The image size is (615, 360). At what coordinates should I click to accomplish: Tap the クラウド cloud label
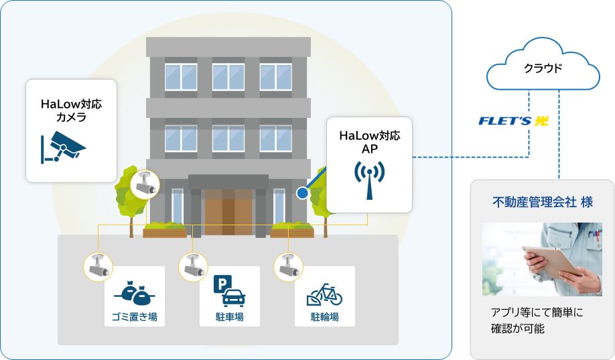(x=543, y=68)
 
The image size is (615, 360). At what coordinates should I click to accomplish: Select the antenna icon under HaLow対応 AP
(x=369, y=179)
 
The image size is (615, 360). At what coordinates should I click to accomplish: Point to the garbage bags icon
(x=134, y=292)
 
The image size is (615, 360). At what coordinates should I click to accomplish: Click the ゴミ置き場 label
(x=134, y=316)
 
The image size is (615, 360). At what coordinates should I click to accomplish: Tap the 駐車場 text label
(x=229, y=316)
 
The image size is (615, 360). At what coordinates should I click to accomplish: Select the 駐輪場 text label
(x=324, y=316)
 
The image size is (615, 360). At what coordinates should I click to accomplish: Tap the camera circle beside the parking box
(x=192, y=265)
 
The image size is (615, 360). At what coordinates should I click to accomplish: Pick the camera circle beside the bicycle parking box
(x=287, y=265)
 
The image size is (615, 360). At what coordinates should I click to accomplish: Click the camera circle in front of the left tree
(x=145, y=184)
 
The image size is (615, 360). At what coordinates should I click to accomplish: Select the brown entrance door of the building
(x=228, y=211)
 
